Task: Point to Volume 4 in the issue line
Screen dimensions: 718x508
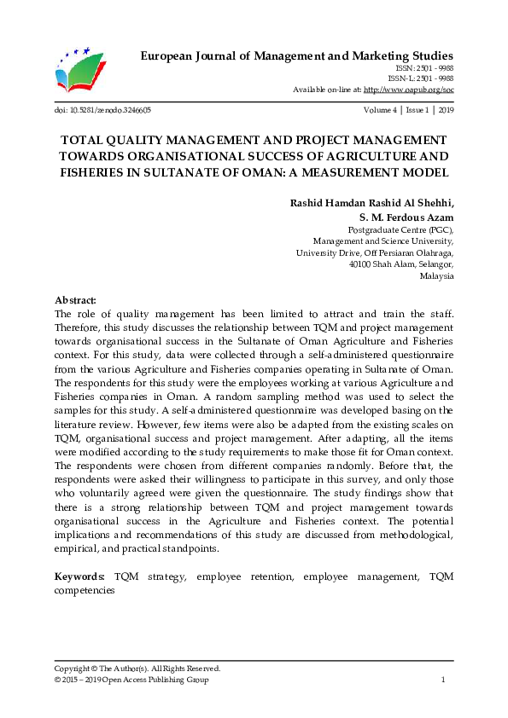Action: [379, 111]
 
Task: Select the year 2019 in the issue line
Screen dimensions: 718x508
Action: [445, 111]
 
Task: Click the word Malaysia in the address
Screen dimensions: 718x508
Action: [437, 277]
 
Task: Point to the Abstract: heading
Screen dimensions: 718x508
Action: [76, 300]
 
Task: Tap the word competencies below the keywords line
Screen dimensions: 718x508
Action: [85, 589]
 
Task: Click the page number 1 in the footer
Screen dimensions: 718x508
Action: [443, 680]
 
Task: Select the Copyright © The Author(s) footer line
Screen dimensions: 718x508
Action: [137, 669]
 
